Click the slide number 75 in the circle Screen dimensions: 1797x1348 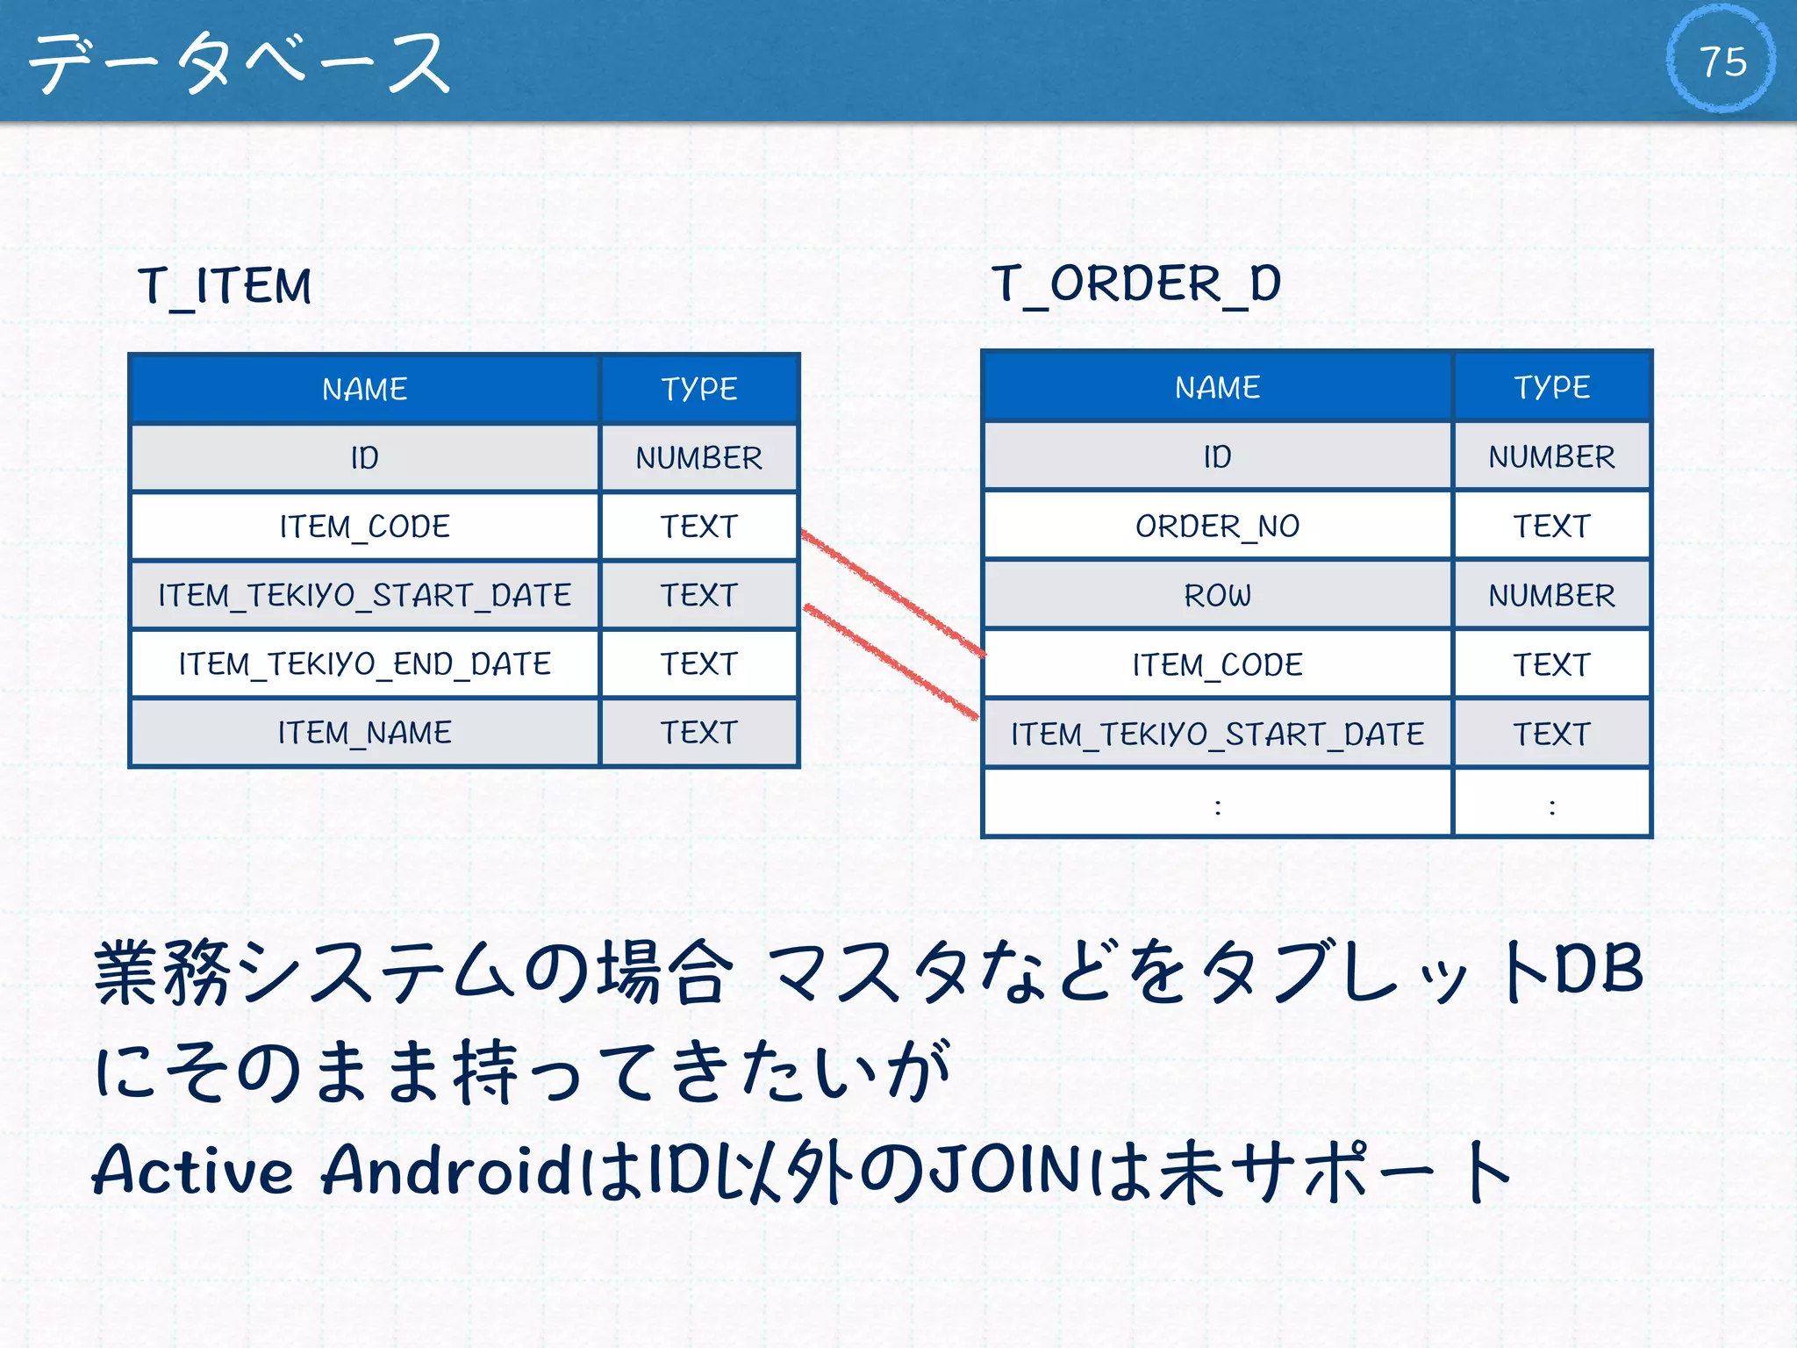[x=1722, y=61]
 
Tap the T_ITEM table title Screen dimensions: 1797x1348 [x=225, y=286]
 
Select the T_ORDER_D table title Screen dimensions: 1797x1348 [x=1136, y=284]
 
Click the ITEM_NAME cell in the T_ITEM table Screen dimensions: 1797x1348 [x=364, y=733]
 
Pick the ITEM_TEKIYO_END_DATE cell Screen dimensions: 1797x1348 [x=364, y=664]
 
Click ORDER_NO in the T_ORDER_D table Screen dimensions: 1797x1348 [x=1217, y=527]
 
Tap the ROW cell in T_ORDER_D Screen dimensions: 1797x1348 [x=1217, y=596]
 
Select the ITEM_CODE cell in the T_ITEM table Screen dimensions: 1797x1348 [x=364, y=527]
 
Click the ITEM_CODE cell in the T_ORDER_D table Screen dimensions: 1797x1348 [x=1217, y=665]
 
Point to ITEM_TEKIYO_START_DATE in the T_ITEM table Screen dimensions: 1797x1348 [x=364, y=596]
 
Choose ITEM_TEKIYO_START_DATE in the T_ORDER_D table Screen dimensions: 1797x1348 [x=1217, y=735]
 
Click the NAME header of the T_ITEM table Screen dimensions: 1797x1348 [x=364, y=389]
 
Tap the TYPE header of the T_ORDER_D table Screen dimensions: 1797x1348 [x=1551, y=387]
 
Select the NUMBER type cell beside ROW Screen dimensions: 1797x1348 [x=1551, y=596]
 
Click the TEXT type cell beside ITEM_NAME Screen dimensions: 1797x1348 [x=698, y=733]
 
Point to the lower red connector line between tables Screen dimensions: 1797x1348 [x=891, y=661]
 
